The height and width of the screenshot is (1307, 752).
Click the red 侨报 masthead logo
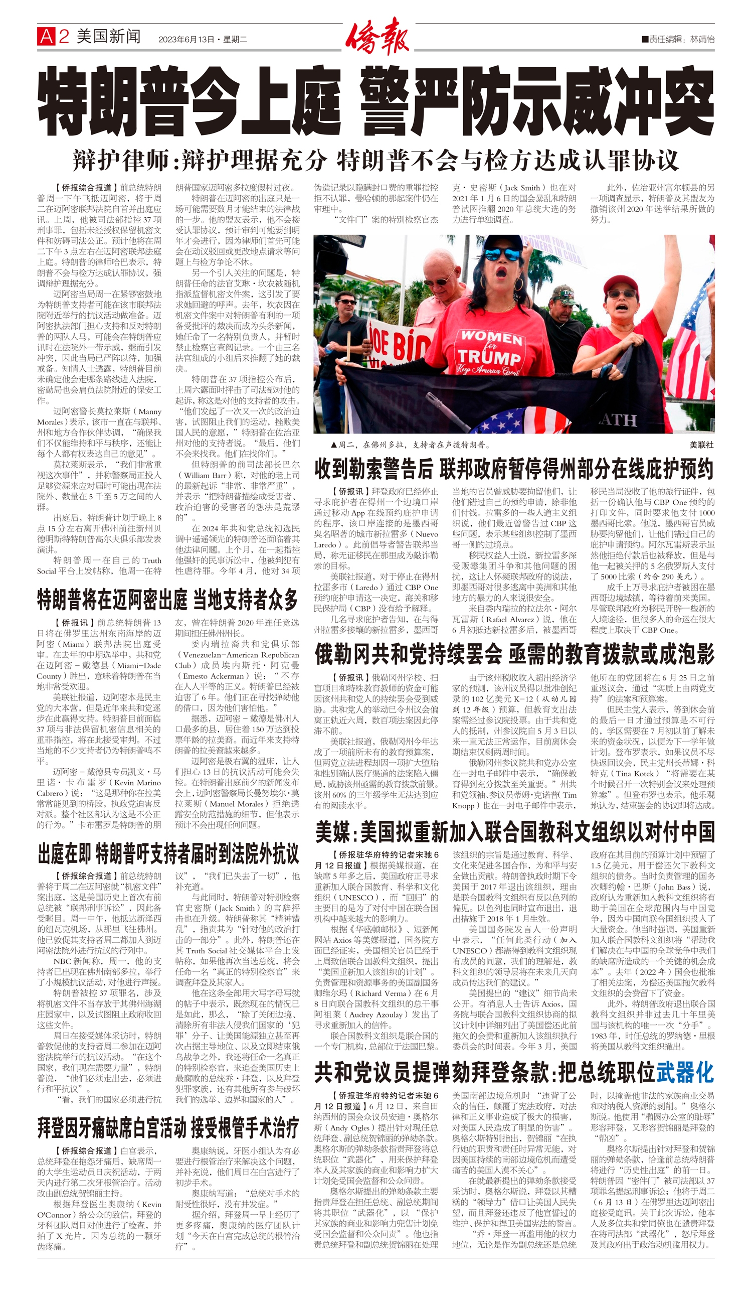coord(377,36)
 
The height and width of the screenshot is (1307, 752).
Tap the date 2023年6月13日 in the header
coord(186,39)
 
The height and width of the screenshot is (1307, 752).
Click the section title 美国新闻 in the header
coord(108,37)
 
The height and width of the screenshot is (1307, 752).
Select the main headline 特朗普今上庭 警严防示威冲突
coord(375,101)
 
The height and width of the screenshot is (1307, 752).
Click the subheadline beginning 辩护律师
coord(375,160)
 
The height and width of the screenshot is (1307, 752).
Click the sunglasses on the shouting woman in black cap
coord(502,254)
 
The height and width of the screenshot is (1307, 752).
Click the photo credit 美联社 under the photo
coord(701,445)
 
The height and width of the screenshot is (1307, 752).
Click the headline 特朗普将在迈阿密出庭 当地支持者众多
coord(168,600)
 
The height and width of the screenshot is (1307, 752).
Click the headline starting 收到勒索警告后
coord(514,469)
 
